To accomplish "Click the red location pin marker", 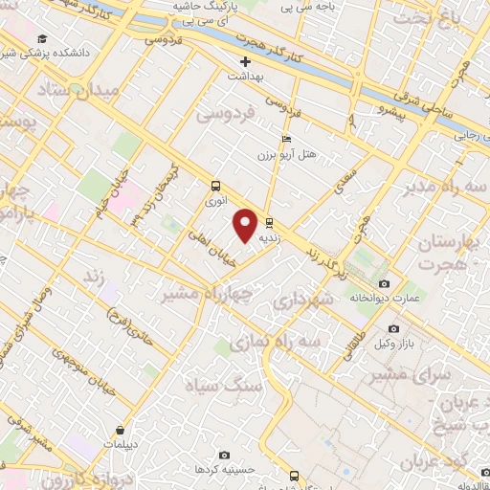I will click(x=245, y=224).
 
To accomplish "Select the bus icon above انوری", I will click(x=216, y=187).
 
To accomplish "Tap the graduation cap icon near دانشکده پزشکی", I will click(x=42, y=37).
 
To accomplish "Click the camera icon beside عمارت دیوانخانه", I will click(x=384, y=284).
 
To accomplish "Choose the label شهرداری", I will click(x=302, y=302).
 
